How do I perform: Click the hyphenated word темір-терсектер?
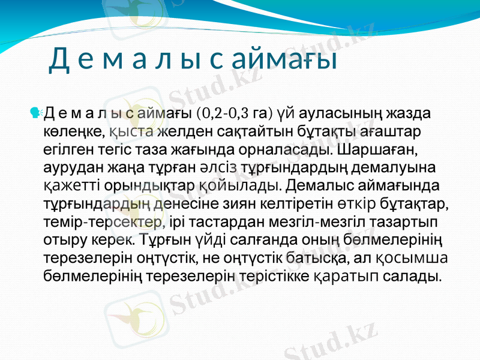point(103,221)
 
